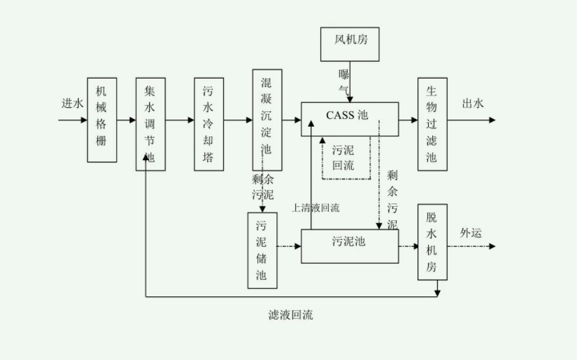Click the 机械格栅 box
pyautogui.click(x=101, y=120)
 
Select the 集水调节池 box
pyautogui.click(x=150, y=124)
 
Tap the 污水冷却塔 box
pyautogui.click(x=208, y=124)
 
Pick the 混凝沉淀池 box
pyautogui.click(x=267, y=120)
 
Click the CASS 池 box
pyautogui.click(x=349, y=115)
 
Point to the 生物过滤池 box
pyautogui.click(x=432, y=124)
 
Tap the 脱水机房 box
pyautogui.click(x=432, y=242)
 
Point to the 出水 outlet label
pyautogui.click(x=473, y=104)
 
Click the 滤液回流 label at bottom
pyautogui.click(x=290, y=315)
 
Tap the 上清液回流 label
pyautogui.click(x=316, y=208)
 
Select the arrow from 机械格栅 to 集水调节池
pyautogui.click(x=125, y=120)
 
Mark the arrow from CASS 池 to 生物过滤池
pyautogui.click(x=408, y=120)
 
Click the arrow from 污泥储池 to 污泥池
pyautogui.click(x=289, y=245)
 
